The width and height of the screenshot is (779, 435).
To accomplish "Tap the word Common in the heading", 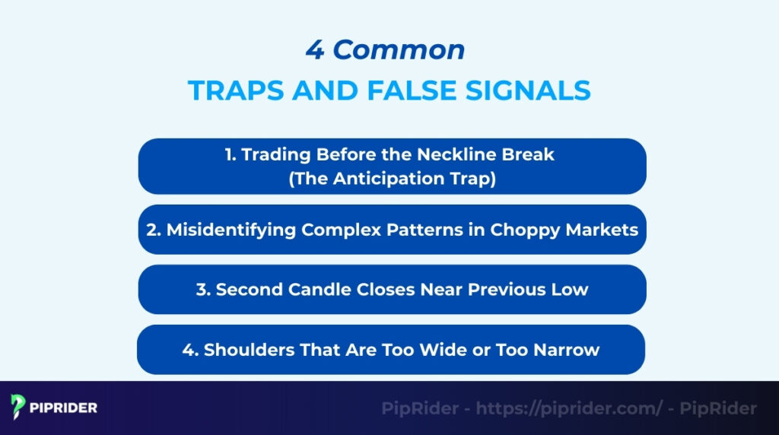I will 399,50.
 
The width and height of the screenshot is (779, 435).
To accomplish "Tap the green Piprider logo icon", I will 18,408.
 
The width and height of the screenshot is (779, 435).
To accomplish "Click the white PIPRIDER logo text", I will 65,408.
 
